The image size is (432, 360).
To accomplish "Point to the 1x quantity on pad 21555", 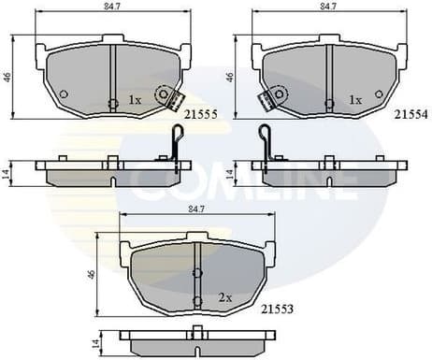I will point(135,99).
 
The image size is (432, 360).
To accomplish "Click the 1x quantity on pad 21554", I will point(354,98).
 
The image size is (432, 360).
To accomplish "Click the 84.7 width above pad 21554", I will point(329,7).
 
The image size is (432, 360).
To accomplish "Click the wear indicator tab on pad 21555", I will point(168,96).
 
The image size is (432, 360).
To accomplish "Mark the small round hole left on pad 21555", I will point(63,94).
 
